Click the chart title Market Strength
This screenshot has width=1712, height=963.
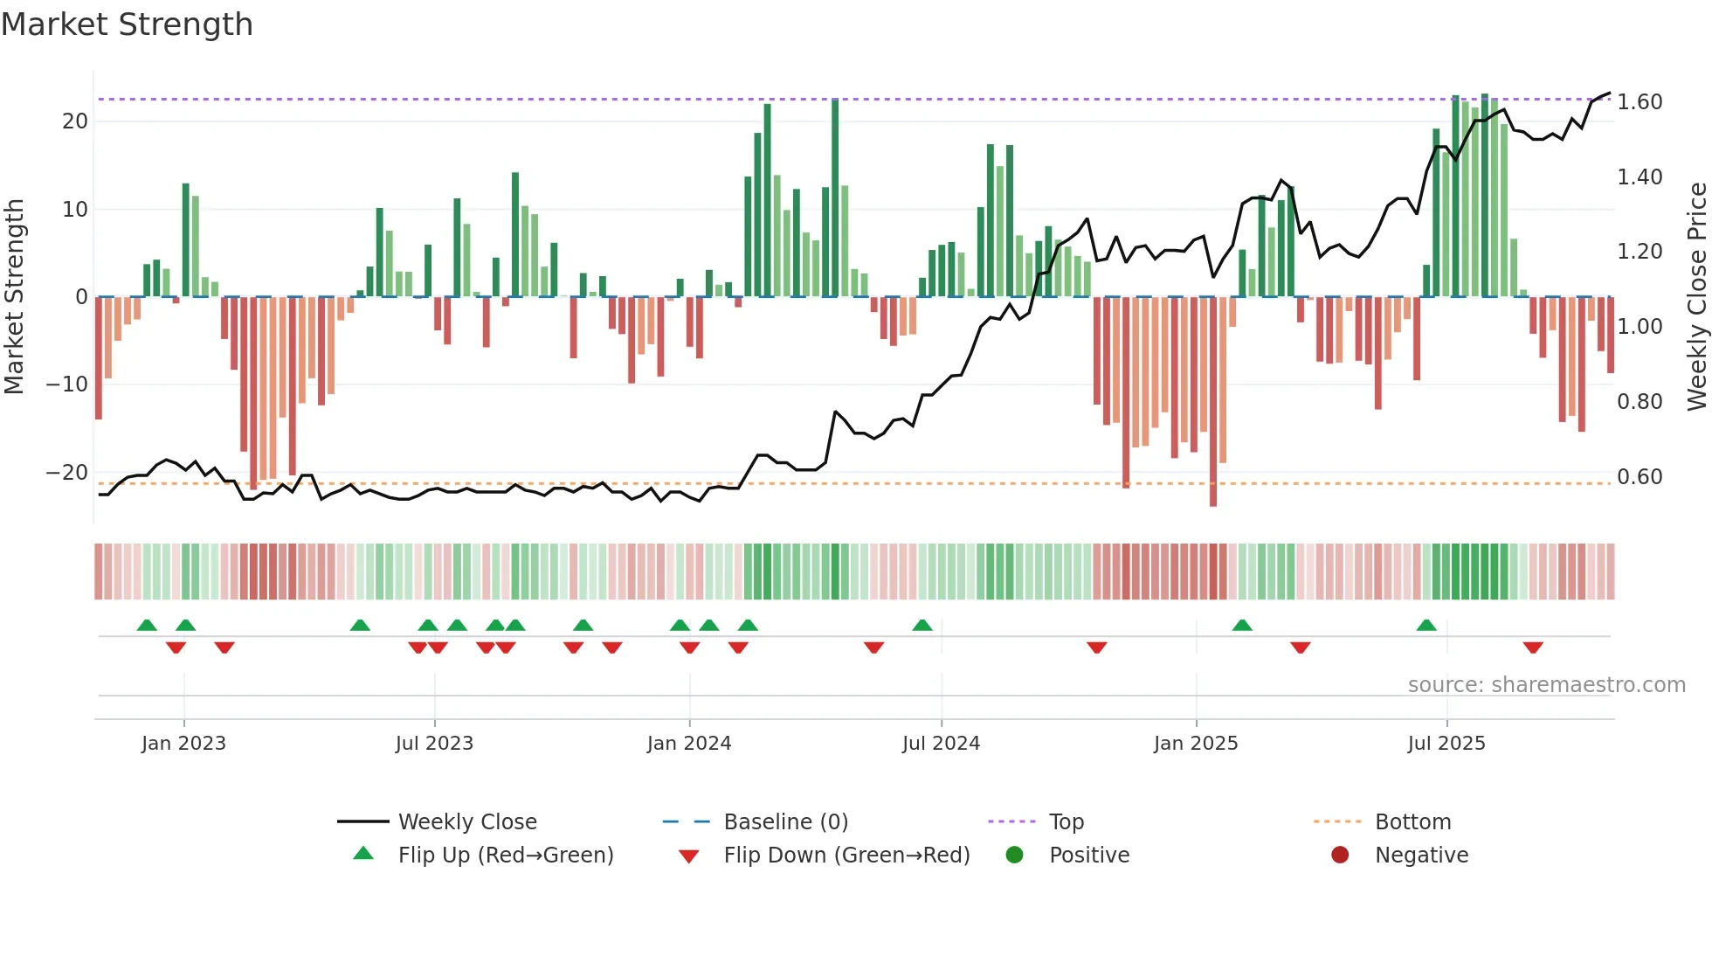(127, 24)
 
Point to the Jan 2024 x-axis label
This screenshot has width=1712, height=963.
(689, 744)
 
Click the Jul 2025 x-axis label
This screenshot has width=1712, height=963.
(1446, 744)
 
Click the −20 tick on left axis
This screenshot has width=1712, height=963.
(67, 473)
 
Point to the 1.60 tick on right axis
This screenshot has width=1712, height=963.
(1640, 102)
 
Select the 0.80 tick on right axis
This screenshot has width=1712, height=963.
(1640, 402)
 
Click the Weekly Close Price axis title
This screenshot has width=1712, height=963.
(1696, 297)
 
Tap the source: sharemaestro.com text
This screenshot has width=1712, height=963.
(1546, 685)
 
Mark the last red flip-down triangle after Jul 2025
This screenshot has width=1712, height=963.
(1533, 648)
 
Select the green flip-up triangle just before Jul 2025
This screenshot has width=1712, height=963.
(1426, 625)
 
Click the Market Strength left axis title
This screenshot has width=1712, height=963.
(15, 297)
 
